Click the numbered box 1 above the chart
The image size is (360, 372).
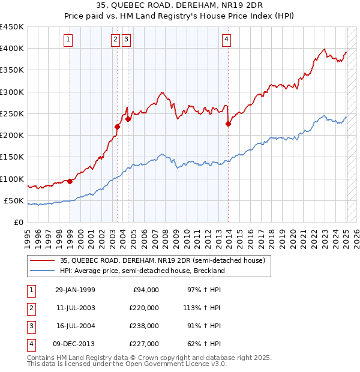68,40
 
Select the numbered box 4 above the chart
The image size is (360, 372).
227,40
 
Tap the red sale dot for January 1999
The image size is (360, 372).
70,181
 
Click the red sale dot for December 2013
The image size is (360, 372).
228,124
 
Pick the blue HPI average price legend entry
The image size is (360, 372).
142,271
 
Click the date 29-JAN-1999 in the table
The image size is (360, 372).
75,290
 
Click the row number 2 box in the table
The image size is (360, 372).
30,308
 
